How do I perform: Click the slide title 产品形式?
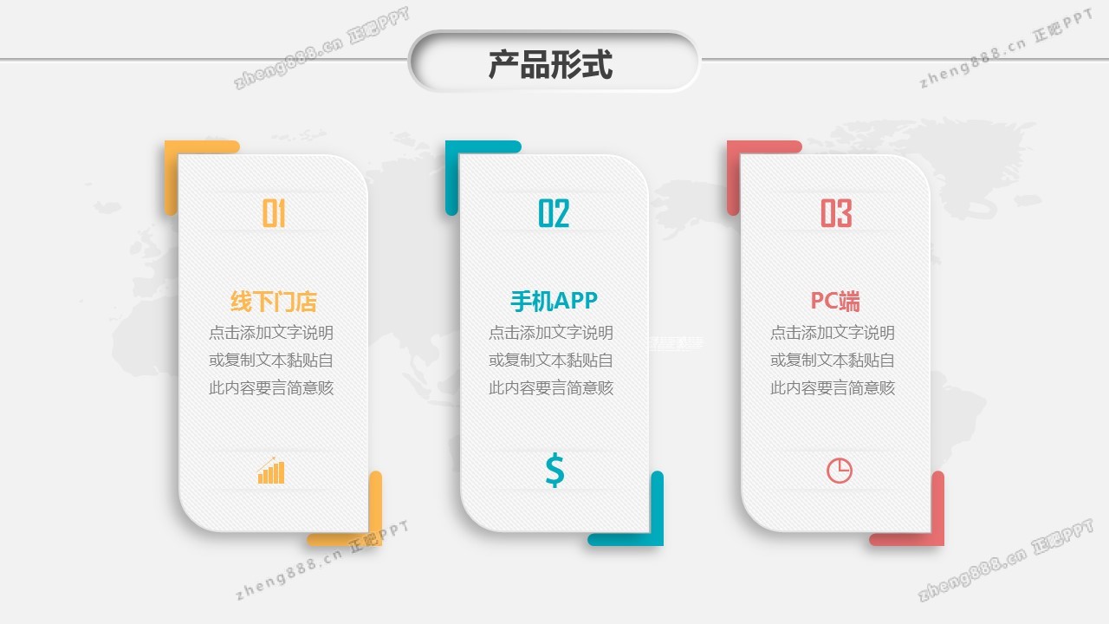pos(551,65)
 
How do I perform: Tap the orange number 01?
pos(274,213)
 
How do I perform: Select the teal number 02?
pos(554,213)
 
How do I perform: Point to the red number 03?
pos(836,213)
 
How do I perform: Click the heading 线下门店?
pos(274,302)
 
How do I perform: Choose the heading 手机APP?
pos(554,301)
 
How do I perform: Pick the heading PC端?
pos(835,301)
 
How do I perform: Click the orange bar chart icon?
pos(271,471)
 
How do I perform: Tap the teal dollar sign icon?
pos(554,470)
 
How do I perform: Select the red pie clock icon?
pos(839,471)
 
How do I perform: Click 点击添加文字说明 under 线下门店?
pos(271,333)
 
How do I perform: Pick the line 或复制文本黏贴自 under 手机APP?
pos(551,361)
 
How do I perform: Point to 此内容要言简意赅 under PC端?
pos(833,388)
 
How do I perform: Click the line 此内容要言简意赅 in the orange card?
pos(271,388)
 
